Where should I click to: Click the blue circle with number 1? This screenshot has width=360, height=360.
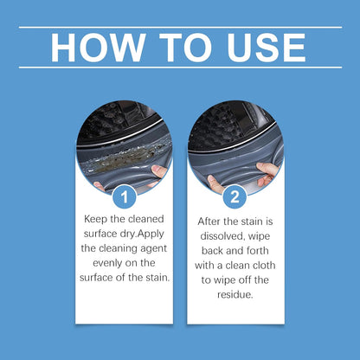(125, 197)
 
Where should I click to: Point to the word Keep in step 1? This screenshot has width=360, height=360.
(97, 220)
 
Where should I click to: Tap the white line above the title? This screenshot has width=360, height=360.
(180, 27)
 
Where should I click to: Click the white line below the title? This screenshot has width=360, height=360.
(180, 67)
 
